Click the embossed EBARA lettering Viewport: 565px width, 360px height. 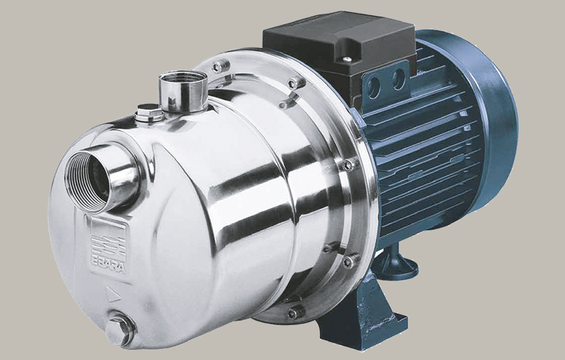coord(108,266)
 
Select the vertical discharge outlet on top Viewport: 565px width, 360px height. coord(183,91)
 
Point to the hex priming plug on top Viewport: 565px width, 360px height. coord(148,112)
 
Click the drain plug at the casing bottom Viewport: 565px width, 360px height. coord(121,331)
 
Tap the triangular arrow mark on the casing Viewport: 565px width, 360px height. coord(113,294)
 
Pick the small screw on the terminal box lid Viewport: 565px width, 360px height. coord(346,59)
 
